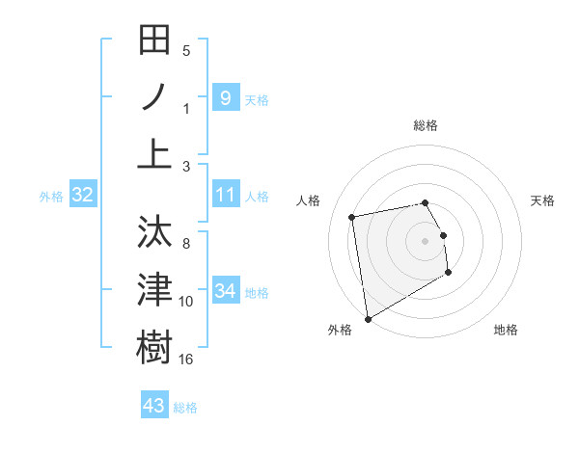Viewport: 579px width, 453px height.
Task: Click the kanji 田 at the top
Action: click(154, 41)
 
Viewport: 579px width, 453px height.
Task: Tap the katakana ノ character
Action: click(154, 97)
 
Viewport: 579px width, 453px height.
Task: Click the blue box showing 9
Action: click(225, 97)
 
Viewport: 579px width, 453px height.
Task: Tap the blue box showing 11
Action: click(225, 196)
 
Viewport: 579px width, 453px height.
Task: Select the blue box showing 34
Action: click(225, 291)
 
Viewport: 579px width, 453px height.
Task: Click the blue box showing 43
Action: click(154, 406)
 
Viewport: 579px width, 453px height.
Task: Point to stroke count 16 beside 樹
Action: click(186, 359)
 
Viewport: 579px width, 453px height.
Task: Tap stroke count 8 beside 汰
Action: click(186, 246)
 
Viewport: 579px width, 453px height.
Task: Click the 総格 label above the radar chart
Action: click(426, 125)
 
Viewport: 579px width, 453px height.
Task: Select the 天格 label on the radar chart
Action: click(543, 200)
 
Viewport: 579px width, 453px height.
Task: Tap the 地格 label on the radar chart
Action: click(506, 330)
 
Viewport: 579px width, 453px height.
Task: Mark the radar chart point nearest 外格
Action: click(367, 319)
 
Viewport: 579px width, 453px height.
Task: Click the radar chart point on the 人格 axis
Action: click(352, 217)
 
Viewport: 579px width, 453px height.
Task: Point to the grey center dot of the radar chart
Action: click(426, 240)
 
